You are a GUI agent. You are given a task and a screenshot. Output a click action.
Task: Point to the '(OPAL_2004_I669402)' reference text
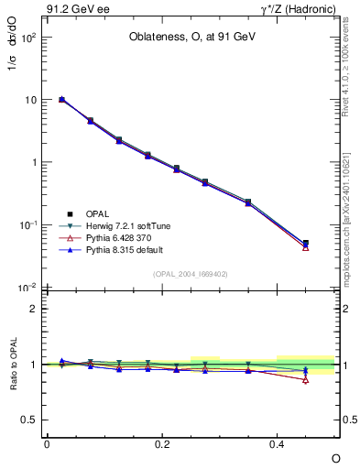click(x=191, y=273)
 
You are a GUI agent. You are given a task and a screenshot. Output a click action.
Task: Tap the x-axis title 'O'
click(x=335, y=457)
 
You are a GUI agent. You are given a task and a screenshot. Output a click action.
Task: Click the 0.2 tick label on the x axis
click(x=162, y=443)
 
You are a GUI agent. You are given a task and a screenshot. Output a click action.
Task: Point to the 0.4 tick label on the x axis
click(x=278, y=443)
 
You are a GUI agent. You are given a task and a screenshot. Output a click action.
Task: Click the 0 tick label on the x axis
click(x=47, y=443)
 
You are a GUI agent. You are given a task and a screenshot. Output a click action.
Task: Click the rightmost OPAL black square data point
click(x=306, y=244)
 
